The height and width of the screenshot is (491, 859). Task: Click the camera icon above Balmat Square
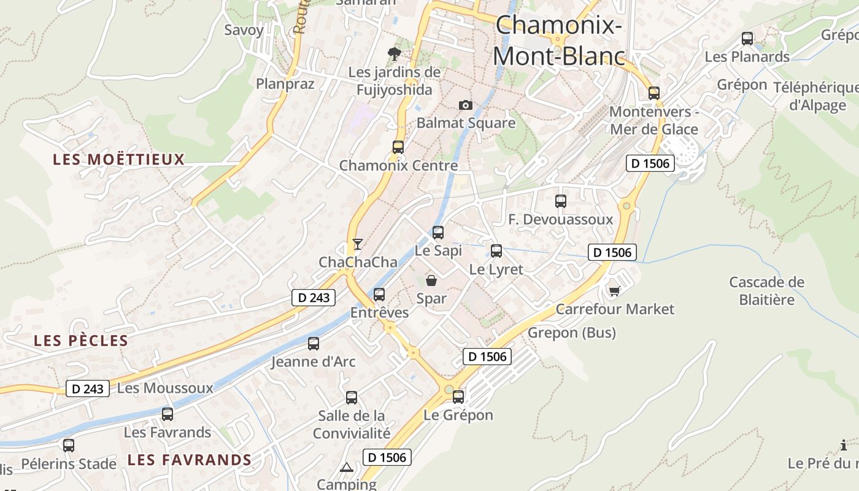tap(466, 105)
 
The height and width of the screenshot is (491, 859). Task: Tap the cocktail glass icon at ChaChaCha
tap(357, 244)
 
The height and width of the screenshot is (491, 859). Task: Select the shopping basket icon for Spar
tap(431, 280)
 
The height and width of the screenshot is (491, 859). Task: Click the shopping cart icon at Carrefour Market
tap(614, 290)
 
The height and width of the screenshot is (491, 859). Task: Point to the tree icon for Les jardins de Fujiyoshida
tap(395, 54)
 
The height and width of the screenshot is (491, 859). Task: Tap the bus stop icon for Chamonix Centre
tap(398, 147)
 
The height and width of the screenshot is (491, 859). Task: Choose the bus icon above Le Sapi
tap(438, 233)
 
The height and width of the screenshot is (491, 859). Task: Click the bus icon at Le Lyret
tap(496, 250)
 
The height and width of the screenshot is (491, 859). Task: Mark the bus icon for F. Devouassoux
tap(561, 201)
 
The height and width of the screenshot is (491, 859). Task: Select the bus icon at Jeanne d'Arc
tap(314, 344)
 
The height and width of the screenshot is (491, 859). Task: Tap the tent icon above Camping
tap(347, 468)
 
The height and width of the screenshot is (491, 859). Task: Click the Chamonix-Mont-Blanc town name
tap(559, 41)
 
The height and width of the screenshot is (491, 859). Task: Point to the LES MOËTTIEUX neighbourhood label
tap(118, 160)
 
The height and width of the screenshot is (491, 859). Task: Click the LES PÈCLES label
tap(81, 341)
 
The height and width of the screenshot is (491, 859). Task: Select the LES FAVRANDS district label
tap(190, 460)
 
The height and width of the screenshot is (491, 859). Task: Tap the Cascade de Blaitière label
tap(766, 291)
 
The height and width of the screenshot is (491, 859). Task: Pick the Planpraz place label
tap(285, 83)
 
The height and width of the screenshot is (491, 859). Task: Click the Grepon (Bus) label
tap(572, 333)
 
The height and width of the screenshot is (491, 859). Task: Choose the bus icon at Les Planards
tap(747, 38)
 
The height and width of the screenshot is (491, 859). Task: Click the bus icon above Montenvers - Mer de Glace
tap(654, 93)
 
